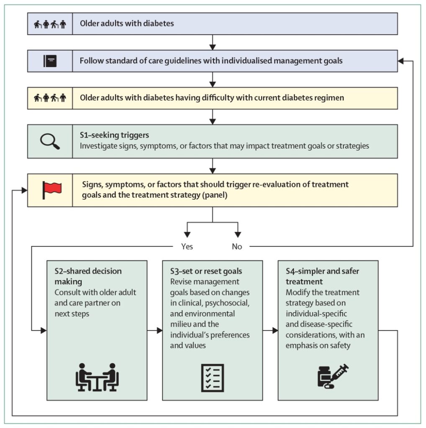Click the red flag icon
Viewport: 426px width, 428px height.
coord(51,190)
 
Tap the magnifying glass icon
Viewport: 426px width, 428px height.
coord(50,141)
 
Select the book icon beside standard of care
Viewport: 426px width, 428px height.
coord(50,61)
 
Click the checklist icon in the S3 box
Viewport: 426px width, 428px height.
coord(213,377)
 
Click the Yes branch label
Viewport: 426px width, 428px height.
coord(187,246)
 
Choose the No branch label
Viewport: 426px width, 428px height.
coord(237,246)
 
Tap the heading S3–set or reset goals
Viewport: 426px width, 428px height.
coord(206,271)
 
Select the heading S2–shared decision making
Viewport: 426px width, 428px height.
coord(88,276)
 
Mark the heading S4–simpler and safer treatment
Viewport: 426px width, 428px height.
coord(322,276)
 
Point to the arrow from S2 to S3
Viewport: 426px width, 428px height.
coord(155,331)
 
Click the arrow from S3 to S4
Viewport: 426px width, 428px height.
coord(270,331)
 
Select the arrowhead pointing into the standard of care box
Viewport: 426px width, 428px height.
coord(401,61)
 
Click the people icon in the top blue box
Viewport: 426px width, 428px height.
coord(50,24)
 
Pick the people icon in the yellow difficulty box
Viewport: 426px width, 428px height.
coord(50,98)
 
